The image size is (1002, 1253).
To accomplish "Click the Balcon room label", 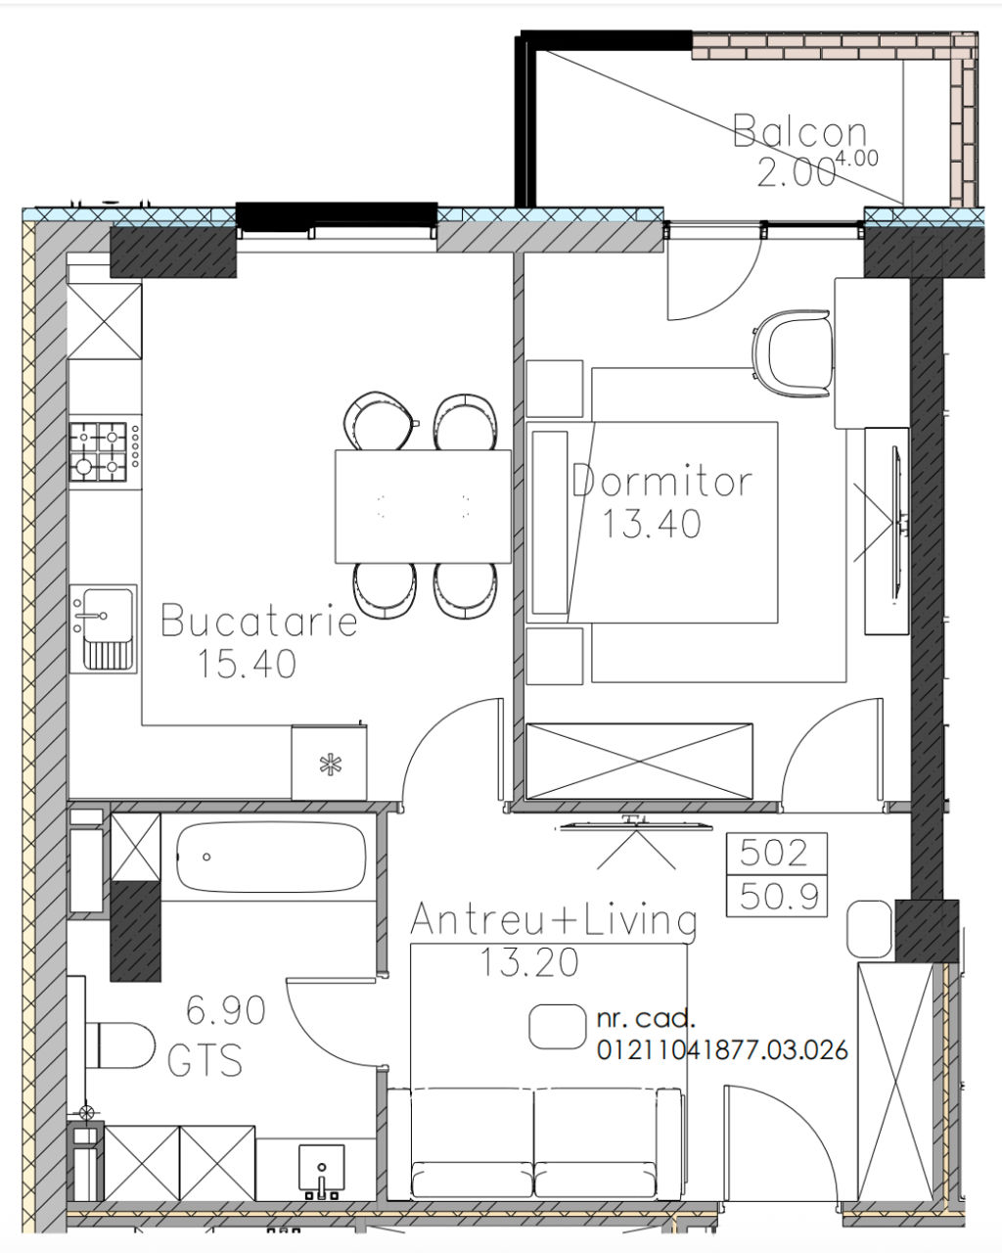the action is [800, 131].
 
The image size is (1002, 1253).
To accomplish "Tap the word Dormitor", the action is [662, 482].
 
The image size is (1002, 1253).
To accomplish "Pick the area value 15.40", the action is [248, 664].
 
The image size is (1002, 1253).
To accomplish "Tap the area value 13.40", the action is [652, 523].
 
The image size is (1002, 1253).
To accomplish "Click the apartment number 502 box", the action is [777, 854].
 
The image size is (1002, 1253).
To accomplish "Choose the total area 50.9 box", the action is [777, 896].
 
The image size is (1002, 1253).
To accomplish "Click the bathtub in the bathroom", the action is [271, 858].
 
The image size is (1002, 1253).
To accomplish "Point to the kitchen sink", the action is [104, 628].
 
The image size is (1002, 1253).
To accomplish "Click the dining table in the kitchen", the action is [423, 506].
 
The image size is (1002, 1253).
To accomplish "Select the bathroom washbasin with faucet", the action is [321, 1171].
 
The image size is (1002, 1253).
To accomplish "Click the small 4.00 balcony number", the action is [857, 158].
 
